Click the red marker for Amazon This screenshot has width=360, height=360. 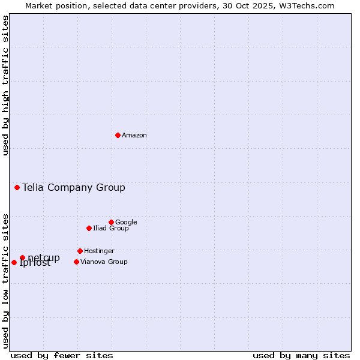pos(118,135)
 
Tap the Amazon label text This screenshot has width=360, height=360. pos(134,136)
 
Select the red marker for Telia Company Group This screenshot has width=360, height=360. pos(17,187)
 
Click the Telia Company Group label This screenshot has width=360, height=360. pos(74,188)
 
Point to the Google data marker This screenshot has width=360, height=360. pos(111,222)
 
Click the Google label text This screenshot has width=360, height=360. pos(126,223)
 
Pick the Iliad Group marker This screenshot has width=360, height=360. pos(89,228)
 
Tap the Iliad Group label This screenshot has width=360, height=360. pos(111,229)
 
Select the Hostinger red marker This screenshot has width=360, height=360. pos(80,251)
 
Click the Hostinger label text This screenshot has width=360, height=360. pos(99,251)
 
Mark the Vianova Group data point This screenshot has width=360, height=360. pos(76,262)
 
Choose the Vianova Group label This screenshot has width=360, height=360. pos(104,262)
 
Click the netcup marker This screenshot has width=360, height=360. pos(22,257)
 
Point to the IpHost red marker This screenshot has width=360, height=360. pos(14,262)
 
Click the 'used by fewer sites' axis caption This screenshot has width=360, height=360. pos(62,355)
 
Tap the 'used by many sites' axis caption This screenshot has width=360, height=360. pos(301,355)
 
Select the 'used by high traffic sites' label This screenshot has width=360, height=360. pos(5,85)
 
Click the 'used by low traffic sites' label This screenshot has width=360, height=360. pos(5,280)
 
